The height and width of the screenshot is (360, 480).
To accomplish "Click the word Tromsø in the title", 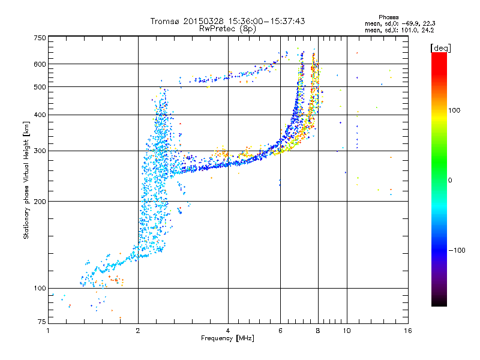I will (x=165, y=21).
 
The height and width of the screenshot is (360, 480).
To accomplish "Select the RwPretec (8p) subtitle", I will (x=228, y=28).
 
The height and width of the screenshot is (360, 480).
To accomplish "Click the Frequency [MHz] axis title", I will (x=227, y=339).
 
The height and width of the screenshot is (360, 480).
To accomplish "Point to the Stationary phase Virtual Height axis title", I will (x=26, y=180).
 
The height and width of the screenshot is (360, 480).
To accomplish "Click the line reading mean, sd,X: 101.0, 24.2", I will (x=399, y=29).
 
